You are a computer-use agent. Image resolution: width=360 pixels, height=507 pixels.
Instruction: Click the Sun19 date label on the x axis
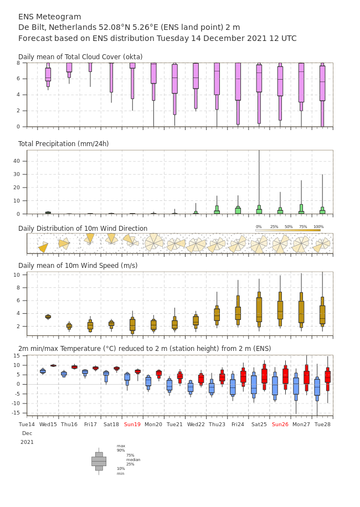(x=132, y=424)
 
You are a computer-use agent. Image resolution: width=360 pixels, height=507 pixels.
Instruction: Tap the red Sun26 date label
(x=280, y=424)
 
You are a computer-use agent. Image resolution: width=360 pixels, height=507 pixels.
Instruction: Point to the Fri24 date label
(x=238, y=424)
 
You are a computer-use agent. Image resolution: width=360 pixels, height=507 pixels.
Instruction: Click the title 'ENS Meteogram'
(x=50, y=17)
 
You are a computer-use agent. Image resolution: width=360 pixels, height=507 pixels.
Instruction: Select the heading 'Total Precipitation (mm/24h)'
(x=63, y=143)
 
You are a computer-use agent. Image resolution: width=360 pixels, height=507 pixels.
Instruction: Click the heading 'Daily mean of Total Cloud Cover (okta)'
(x=80, y=57)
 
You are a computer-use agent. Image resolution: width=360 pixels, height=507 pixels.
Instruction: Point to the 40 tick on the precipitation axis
(x=17, y=161)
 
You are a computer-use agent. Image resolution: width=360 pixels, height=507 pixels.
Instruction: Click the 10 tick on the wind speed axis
(x=17, y=275)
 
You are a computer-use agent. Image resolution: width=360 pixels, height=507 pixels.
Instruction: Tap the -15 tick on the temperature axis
(x=16, y=413)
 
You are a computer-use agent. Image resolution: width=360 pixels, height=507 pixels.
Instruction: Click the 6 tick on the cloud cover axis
(x=18, y=79)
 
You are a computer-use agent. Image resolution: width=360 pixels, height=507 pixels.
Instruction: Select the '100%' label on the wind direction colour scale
(x=318, y=227)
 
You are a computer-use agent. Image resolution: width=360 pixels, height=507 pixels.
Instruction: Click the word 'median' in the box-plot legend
(x=133, y=459)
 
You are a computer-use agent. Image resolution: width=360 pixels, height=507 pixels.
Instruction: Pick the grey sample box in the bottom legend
(x=99, y=462)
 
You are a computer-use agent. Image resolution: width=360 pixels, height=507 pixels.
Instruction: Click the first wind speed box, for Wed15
(x=48, y=317)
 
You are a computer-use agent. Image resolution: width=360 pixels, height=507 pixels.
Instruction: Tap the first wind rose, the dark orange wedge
(x=43, y=247)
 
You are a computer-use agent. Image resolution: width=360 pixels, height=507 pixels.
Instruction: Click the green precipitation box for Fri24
(x=238, y=210)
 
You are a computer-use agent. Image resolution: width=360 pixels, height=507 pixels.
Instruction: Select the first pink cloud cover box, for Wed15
(x=48, y=75)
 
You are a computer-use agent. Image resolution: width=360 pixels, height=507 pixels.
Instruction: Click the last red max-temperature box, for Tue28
(x=328, y=377)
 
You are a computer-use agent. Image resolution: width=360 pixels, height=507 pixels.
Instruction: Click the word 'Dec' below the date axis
(x=27, y=433)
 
